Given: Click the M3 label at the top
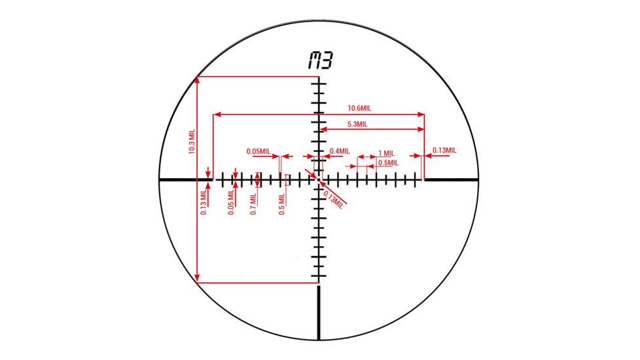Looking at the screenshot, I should point(319,62).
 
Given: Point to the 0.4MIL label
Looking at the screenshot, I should point(340,151).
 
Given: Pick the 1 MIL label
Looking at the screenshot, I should point(387,153).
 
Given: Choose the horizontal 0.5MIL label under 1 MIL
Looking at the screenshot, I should point(387,162).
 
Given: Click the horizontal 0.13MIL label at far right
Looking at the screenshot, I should point(444,151).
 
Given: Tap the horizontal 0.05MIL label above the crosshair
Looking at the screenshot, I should point(258,151).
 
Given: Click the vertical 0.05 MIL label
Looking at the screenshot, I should point(231,203).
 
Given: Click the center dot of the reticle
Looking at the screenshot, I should point(319,179).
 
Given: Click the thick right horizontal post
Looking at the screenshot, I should point(452,179).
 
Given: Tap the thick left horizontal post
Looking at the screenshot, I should point(185,179).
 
